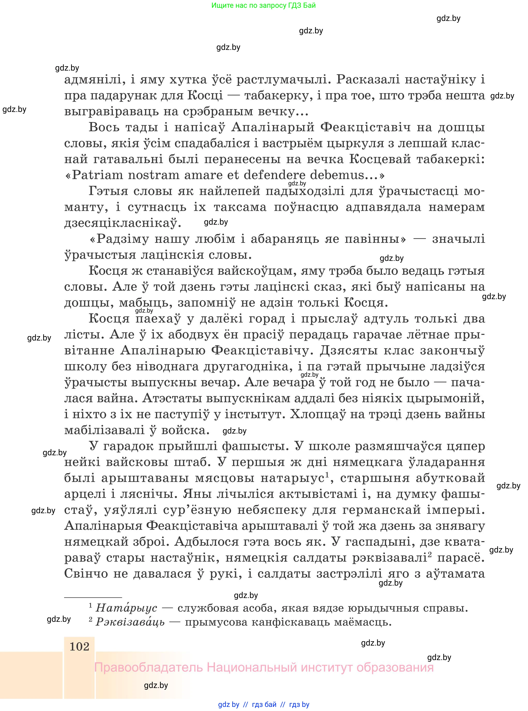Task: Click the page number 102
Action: pos(79,646)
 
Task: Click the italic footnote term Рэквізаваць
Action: pos(130,622)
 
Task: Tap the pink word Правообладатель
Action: pos(149,668)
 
